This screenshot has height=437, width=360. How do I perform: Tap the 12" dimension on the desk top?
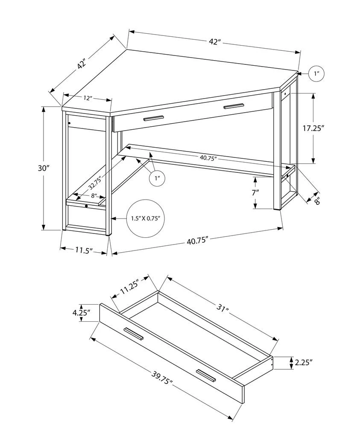tap(88, 98)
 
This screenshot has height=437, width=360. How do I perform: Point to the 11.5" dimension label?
tap(84, 251)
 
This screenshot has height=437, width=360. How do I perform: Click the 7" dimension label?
tap(255, 193)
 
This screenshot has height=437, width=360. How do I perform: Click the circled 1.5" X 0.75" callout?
tap(145, 218)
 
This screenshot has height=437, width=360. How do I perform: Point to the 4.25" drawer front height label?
tap(80, 313)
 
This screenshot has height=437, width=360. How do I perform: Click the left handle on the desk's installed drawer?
tap(153, 118)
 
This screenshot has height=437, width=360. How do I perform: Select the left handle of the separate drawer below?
tap(134, 334)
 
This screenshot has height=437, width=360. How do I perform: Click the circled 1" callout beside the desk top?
tap(316, 73)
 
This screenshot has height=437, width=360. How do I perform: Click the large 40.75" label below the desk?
tap(197, 241)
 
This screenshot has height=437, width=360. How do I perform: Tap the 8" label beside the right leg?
tap(317, 201)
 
